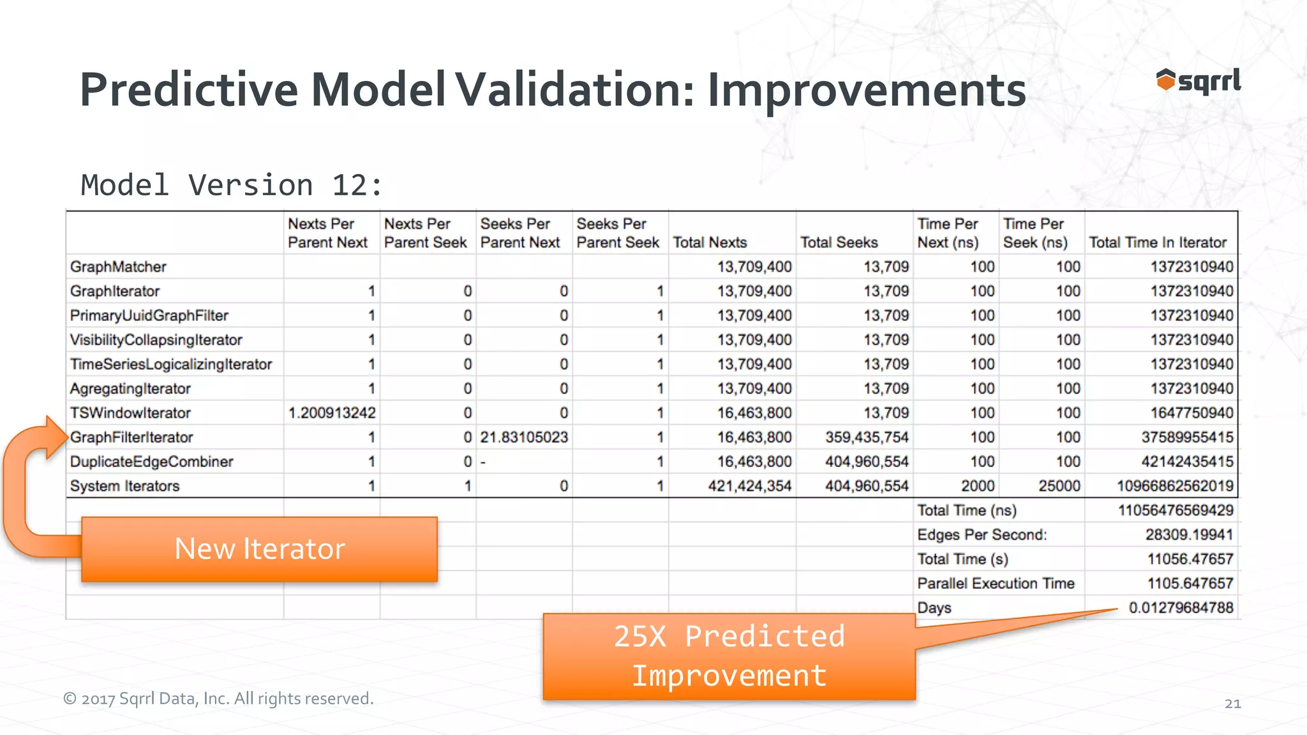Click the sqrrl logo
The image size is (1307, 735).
pos(1199,82)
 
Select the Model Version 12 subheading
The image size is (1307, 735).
pos(231,186)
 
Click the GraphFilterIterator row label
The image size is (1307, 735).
pos(131,437)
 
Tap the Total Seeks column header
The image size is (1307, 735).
pos(839,242)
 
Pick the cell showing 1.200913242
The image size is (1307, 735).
pos(332,413)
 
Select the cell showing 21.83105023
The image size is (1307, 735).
pos(524,437)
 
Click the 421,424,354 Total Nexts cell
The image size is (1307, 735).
pos(749,486)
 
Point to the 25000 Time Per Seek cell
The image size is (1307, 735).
pos(1059,486)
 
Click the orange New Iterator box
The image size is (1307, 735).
pos(259,549)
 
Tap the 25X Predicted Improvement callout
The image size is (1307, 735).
pos(729,657)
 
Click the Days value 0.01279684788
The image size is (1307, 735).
pos(1181,607)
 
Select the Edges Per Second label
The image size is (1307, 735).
pos(982,535)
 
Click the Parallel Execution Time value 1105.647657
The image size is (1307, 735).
pos(1190,583)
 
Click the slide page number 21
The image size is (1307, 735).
pos(1232,704)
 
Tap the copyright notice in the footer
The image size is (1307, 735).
pos(218,699)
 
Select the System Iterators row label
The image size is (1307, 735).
pos(125,486)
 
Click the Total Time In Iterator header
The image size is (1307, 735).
pos(1157,242)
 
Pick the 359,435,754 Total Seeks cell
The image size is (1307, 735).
pos(866,437)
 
